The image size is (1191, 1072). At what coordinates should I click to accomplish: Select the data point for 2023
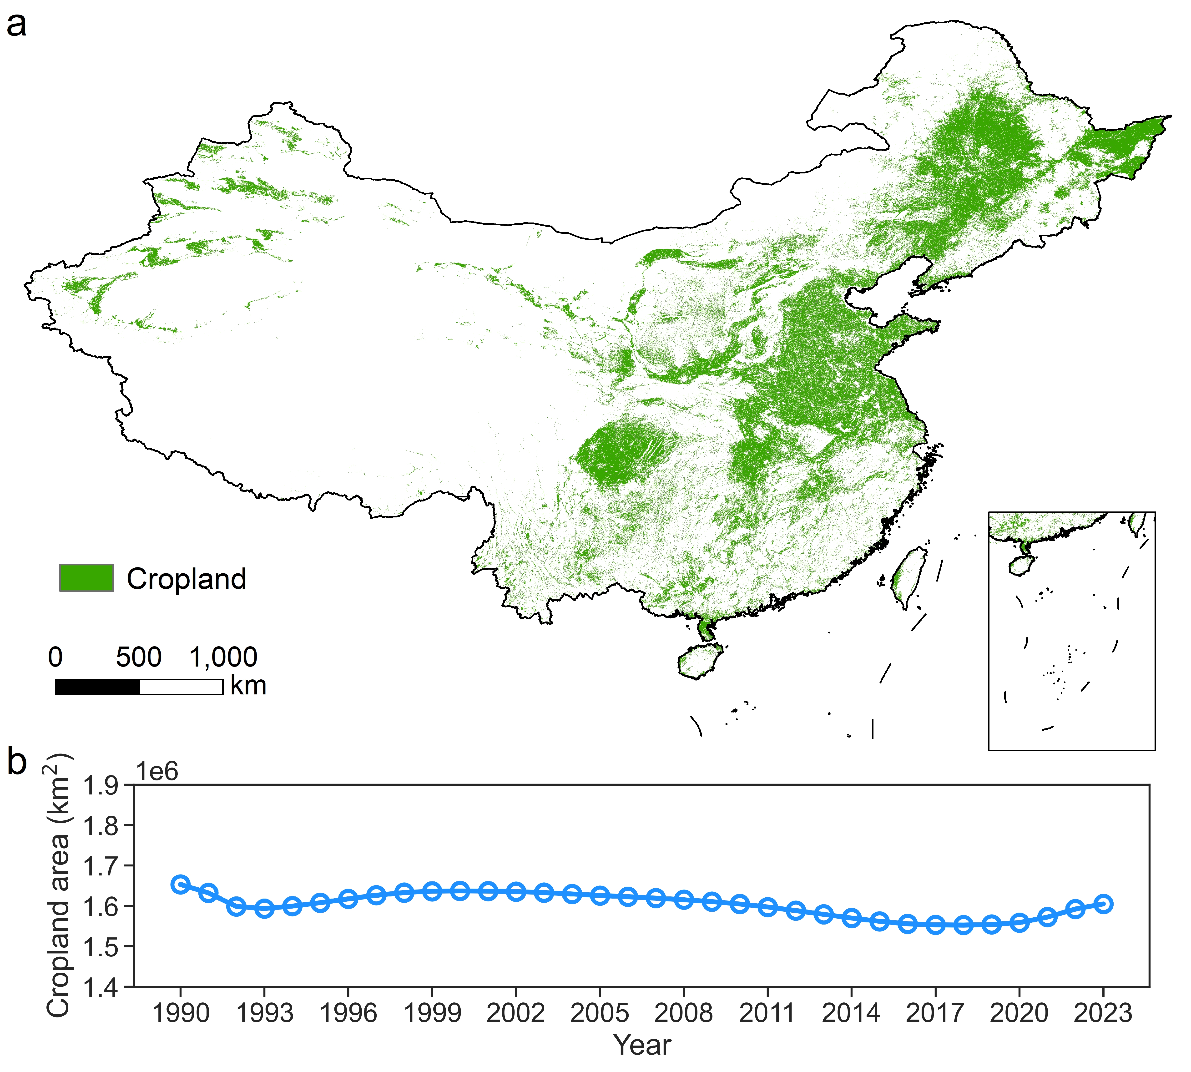click(1103, 904)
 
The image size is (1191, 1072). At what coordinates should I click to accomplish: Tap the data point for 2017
click(935, 925)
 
